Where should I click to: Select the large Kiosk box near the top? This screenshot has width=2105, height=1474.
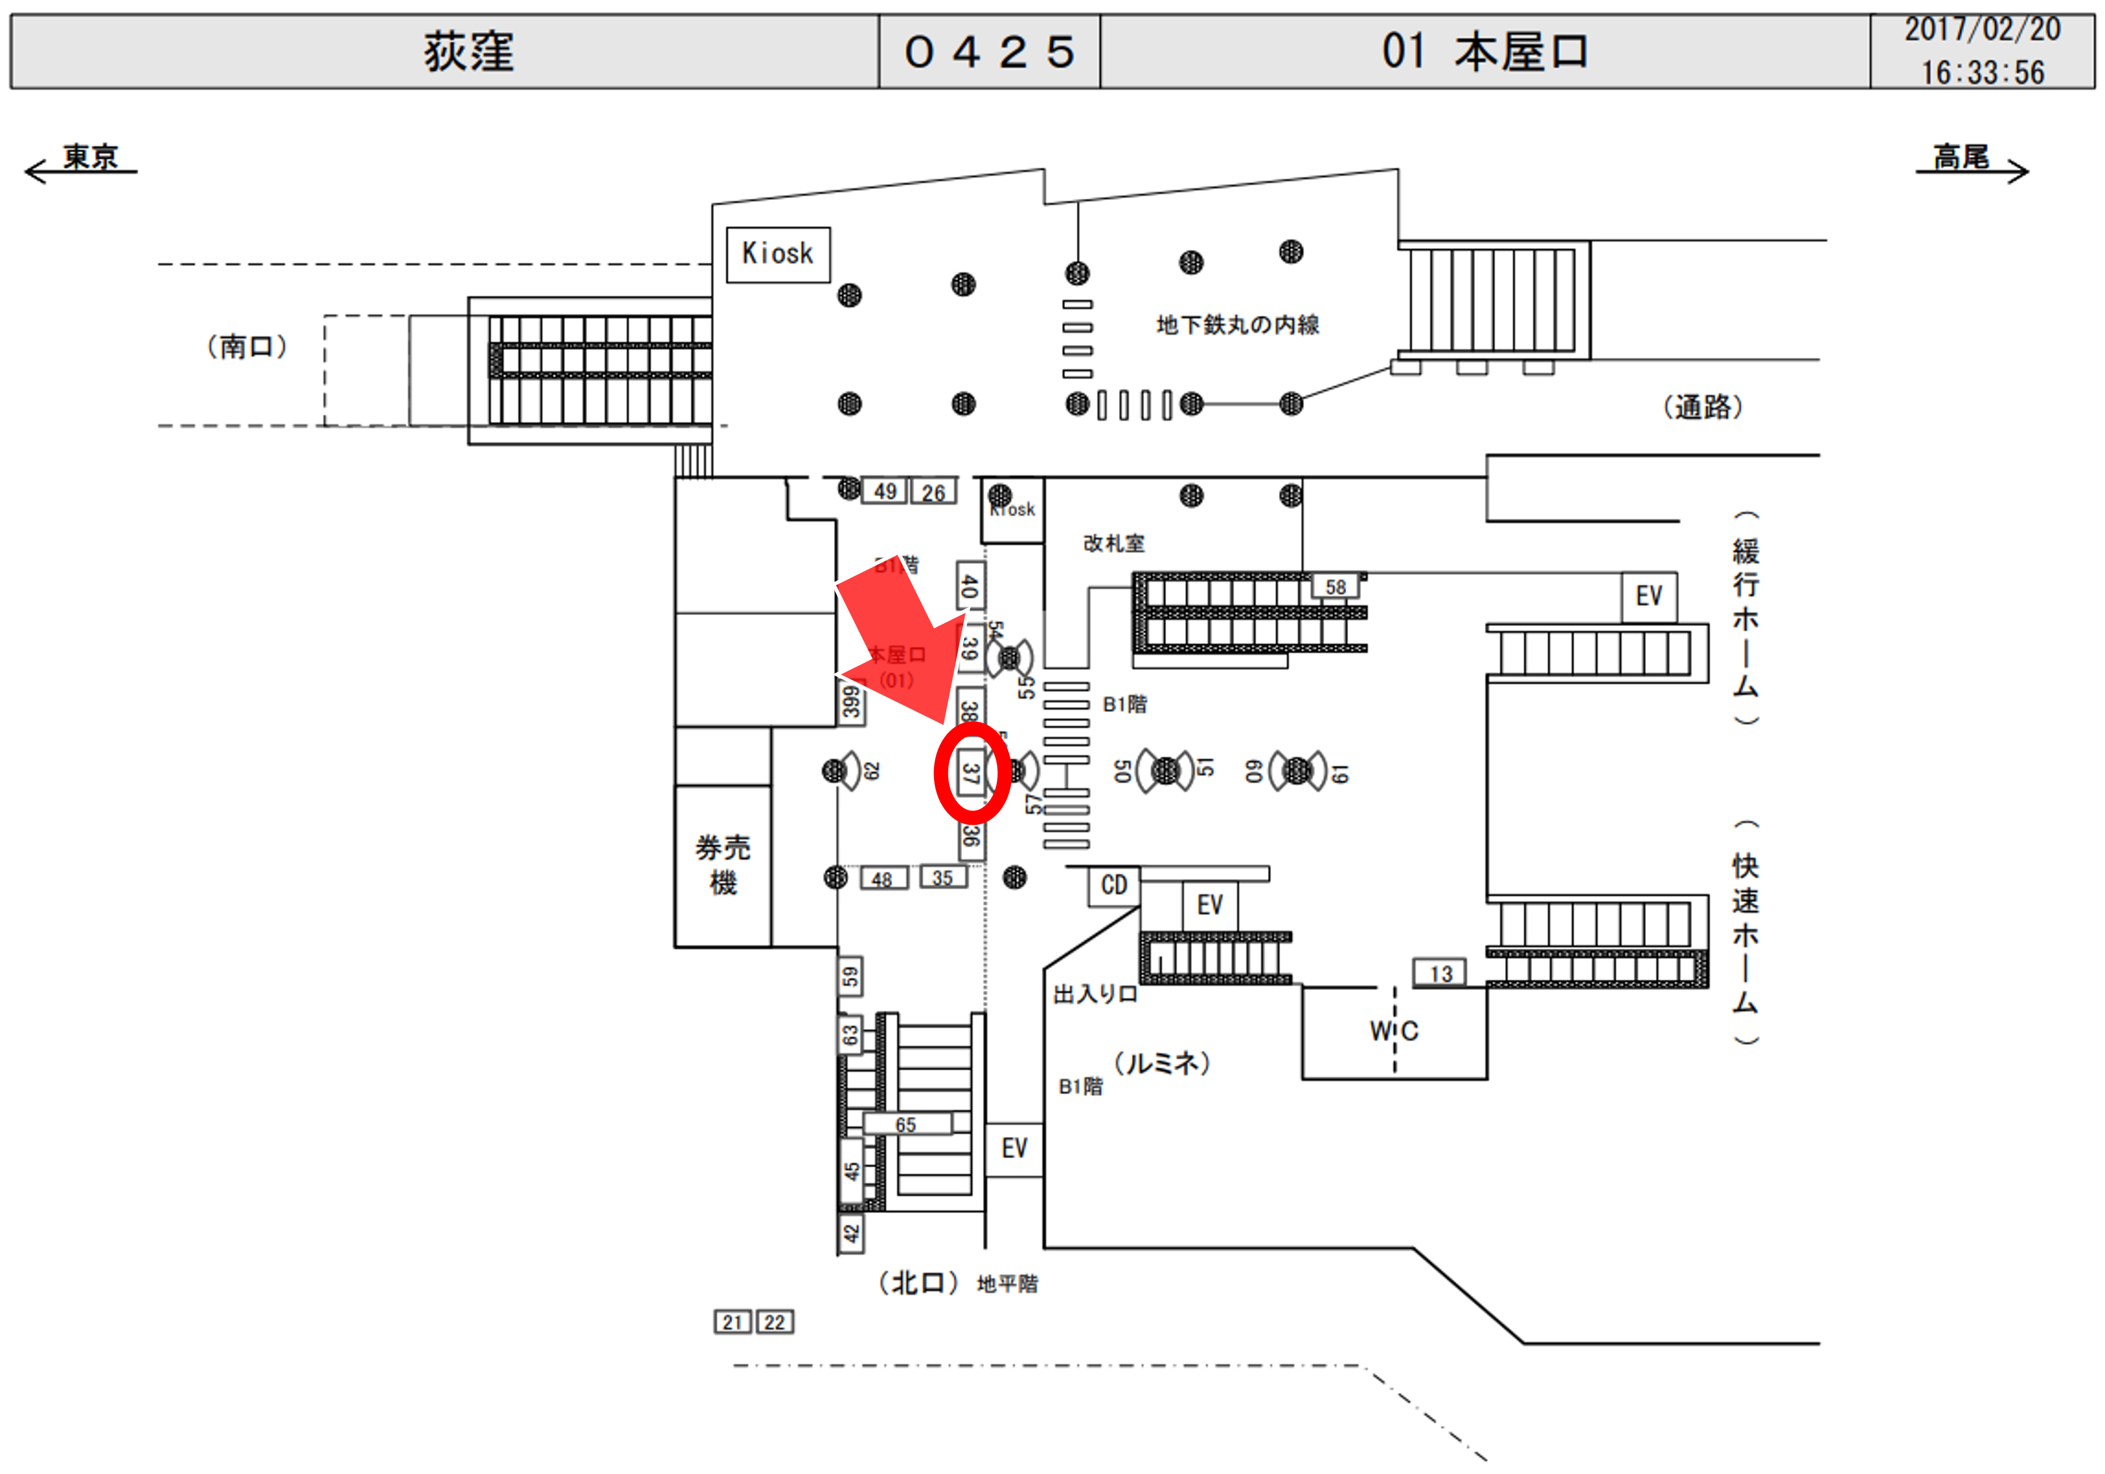[777, 254]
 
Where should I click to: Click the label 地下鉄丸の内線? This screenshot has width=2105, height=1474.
[1238, 324]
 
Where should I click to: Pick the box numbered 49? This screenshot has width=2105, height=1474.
[884, 492]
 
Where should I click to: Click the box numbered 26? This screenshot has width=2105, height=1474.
[933, 492]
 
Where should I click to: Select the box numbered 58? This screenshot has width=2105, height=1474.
[1335, 587]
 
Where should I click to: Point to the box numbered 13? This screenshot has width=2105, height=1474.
[1440, 973]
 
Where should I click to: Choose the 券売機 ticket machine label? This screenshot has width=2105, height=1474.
[723, 864]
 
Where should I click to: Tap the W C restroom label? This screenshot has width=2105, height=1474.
[1394, 1031]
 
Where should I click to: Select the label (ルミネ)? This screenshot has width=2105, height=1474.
[1162, 1063]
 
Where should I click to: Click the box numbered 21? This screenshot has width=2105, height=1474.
[732, 1322]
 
